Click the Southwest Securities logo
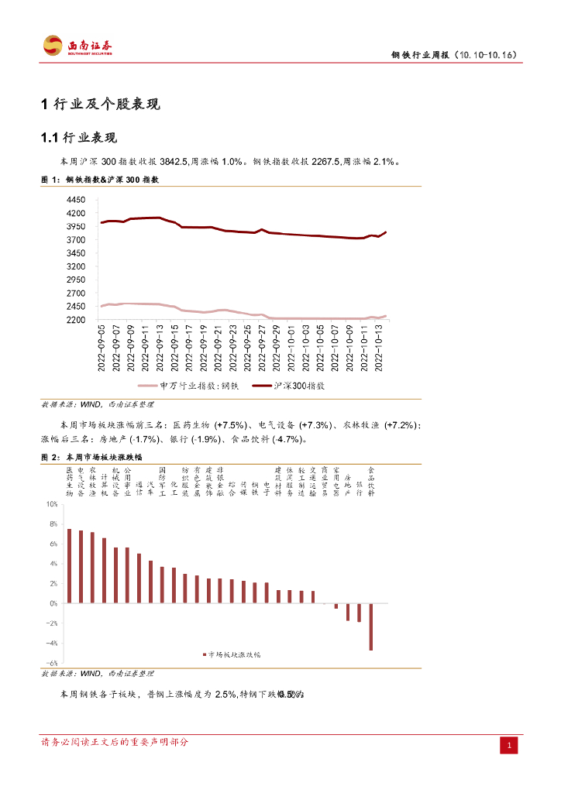tap(77, 46)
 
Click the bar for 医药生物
tap(69, 565)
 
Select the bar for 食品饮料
tap(371, 627)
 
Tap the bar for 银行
tap(360, 613)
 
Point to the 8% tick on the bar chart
tap(53, 524)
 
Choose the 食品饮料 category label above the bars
tap(371, 481)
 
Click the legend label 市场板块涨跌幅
tap(235, 654)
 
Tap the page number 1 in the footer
tap(509, 746)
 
